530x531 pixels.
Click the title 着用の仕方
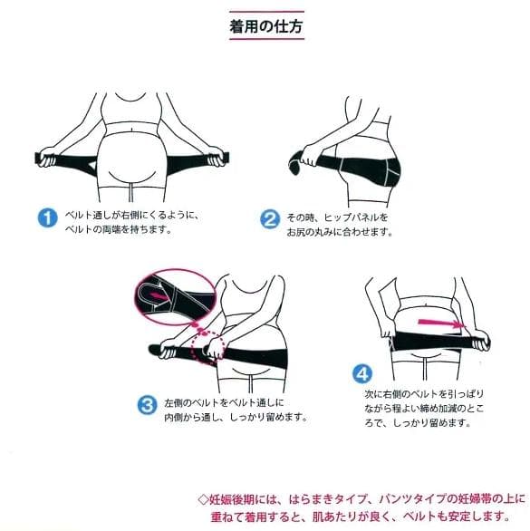pos(266,26)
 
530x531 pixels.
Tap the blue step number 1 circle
pos(47,217)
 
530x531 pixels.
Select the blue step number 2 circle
pos(270,219)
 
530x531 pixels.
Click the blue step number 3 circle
pos(147,405)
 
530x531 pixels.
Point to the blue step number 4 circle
pos(362,374)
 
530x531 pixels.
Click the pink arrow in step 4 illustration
pos(441,323)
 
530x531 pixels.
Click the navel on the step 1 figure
pos(132,130)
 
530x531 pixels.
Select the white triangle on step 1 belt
pos(92,165)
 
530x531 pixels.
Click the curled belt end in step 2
pos(296,163)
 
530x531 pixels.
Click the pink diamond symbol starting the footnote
pos(204,499)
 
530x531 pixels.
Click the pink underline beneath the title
pos(266,39)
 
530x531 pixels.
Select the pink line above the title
pos(266,12)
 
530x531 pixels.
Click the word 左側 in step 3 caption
pos(173,403)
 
